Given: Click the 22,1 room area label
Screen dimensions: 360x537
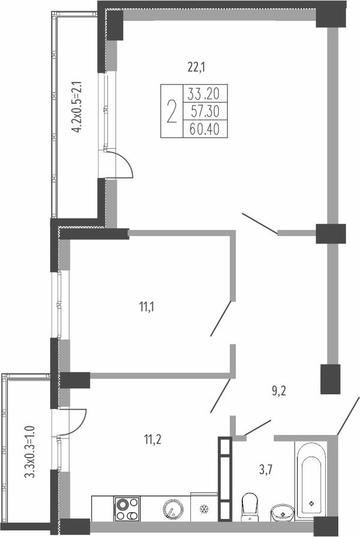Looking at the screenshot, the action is tap(196, 67).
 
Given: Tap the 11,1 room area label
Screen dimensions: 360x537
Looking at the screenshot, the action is tap(146, 307).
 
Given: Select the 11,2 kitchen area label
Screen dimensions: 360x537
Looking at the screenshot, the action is tap(152, 439).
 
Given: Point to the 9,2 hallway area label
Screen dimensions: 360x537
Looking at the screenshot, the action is tap(279, 391).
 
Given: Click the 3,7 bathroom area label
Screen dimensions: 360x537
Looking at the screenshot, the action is tap(266, 470).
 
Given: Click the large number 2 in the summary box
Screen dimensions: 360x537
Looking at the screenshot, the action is tap(172, 112).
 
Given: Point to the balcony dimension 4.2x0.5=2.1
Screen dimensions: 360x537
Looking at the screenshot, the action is tap(76, 107).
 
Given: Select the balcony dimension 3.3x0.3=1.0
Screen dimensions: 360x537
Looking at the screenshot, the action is tap(30, 451).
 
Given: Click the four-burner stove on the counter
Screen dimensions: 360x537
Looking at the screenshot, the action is tap(127, 509).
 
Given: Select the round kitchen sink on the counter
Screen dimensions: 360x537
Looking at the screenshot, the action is tap(173, 509).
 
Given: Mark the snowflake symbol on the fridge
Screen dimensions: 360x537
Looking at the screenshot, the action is tap(204, 509).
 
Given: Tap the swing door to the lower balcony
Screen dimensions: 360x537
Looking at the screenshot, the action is tap(72, 422).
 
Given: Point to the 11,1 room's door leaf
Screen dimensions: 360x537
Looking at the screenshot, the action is tap(221, 318).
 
